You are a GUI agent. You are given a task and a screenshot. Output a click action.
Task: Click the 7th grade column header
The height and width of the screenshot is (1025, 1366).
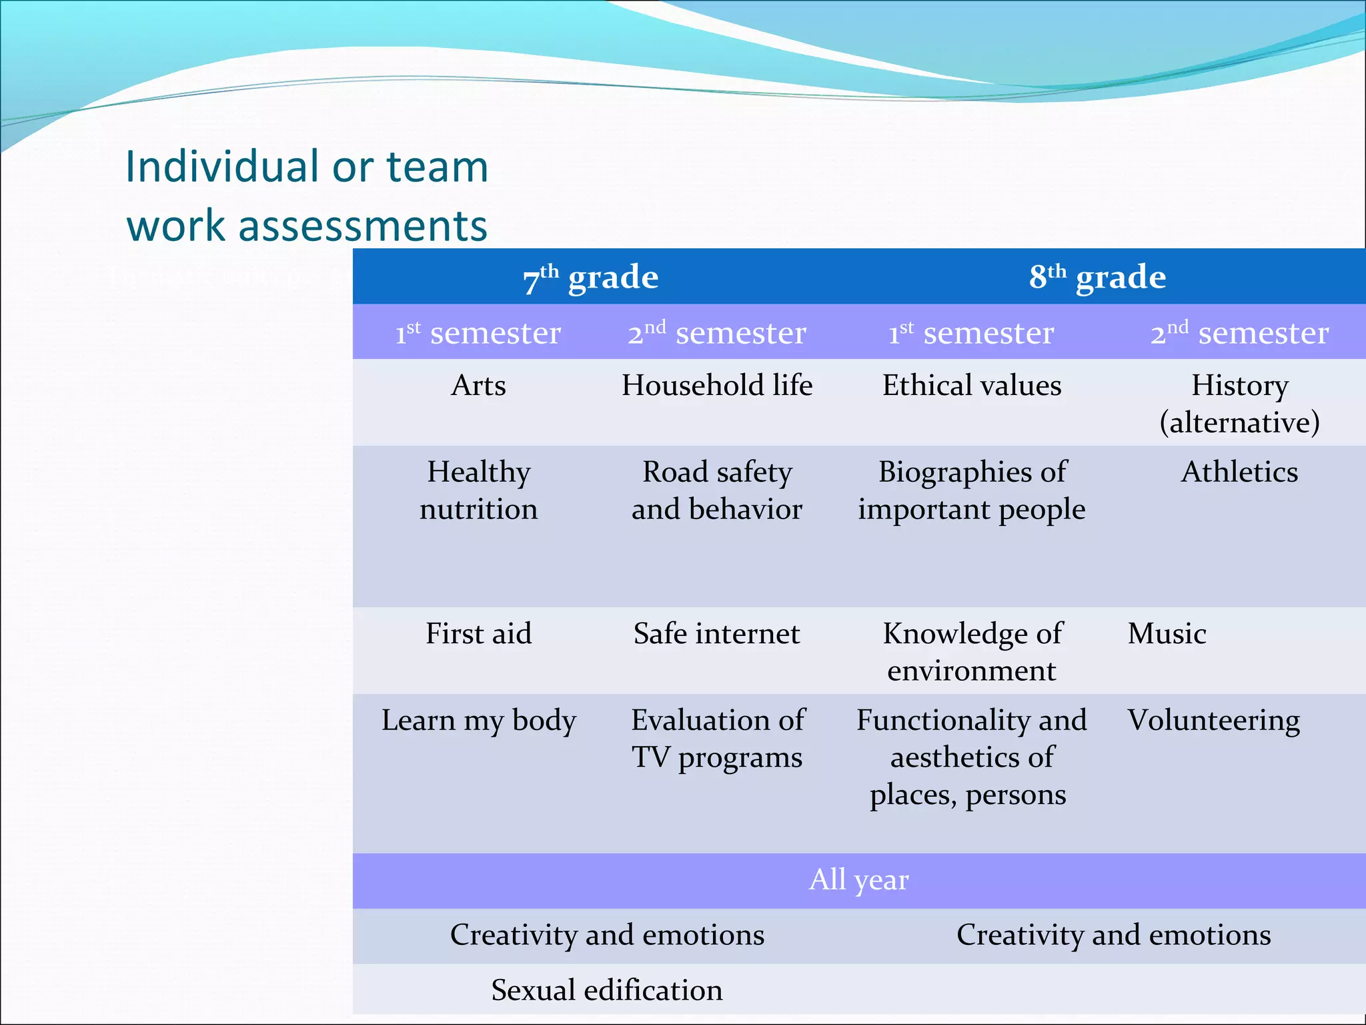(591, 277)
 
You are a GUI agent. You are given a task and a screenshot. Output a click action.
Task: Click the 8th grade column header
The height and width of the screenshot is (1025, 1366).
(1097, 277)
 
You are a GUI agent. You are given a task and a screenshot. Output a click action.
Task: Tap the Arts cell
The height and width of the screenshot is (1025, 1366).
(478, 386)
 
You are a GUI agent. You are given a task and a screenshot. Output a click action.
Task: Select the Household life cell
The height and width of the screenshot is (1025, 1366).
(717, 386)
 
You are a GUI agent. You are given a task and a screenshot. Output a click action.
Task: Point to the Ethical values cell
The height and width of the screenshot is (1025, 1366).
(972, 386)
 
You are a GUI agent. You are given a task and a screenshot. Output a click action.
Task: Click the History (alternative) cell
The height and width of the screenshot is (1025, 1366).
(1239, 404)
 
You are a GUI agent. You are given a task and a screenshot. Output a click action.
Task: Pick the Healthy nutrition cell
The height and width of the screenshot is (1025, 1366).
(478, 490)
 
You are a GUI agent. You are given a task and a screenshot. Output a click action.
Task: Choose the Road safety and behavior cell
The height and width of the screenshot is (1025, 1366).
(717, 490)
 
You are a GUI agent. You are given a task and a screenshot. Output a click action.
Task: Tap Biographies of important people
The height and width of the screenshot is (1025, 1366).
(972, 490)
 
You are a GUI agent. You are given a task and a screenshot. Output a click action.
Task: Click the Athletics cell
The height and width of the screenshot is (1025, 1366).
(1239, 472)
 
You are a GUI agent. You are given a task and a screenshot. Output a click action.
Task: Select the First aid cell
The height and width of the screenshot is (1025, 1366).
(478, 634)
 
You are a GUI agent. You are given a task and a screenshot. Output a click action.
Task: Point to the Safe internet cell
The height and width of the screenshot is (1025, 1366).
(717, 634)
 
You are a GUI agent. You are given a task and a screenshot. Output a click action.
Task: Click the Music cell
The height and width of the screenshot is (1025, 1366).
(1167, 634)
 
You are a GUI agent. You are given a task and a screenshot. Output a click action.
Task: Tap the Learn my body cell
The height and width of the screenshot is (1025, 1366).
(478, 721)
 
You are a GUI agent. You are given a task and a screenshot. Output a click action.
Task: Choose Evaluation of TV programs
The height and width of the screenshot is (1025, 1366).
(717, 739)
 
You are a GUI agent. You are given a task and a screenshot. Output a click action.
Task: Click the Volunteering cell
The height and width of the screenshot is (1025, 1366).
(1213, 721)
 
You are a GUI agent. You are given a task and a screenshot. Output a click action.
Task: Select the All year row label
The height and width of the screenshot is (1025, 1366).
(858, 880)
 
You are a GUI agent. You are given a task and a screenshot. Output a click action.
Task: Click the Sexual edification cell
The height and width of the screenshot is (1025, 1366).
(607, 990)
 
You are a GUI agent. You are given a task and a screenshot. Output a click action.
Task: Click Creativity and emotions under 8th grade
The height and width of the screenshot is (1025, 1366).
(1113, 935)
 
